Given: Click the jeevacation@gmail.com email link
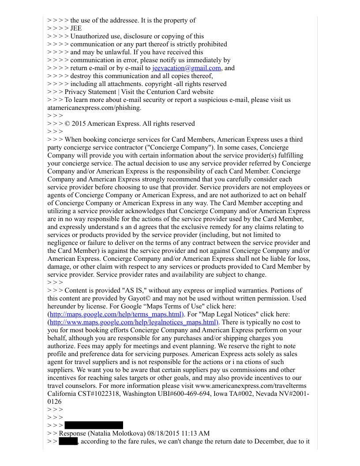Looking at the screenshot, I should coord(186,68).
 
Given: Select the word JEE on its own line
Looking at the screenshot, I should coord(76,28).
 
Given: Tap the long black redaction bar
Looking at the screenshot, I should coord(94,425).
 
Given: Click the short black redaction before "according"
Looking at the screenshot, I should coord(68,441).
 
